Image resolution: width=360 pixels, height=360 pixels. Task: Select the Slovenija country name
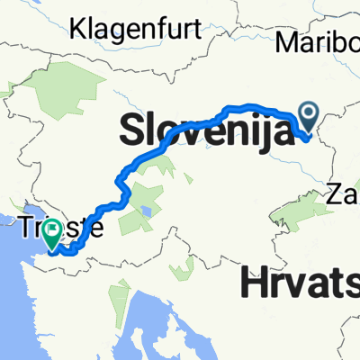(x=207, y=132)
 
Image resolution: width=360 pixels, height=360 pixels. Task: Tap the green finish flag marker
(x=51, y=233)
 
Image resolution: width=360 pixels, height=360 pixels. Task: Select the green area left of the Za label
(x=306, y=210)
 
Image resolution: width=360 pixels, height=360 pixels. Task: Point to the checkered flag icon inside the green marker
(x=51, y=231)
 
